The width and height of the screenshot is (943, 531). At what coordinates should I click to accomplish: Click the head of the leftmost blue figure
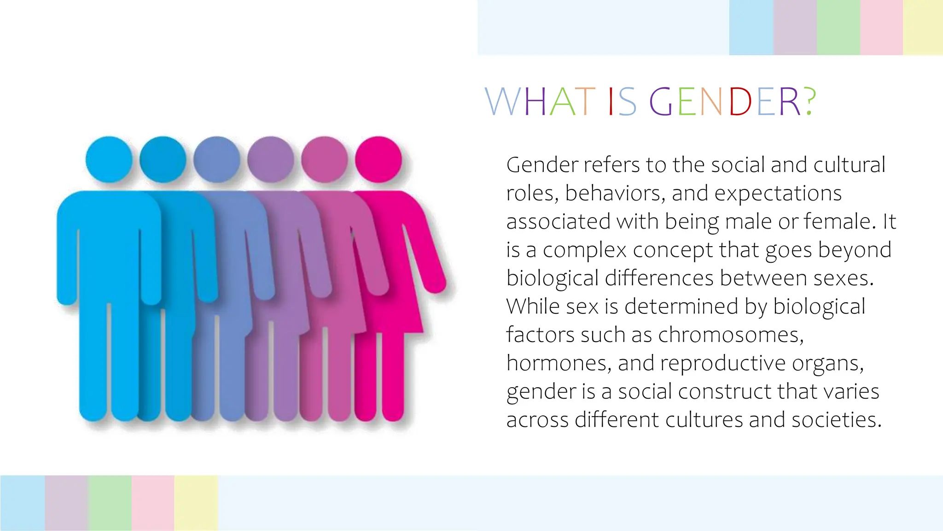click(109, 159)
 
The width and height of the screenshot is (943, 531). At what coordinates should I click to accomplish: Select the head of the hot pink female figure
click(378, 159)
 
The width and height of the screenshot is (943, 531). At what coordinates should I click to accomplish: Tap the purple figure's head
click(271, 159)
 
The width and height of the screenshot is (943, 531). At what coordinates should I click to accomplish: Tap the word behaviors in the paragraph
click(615, 194)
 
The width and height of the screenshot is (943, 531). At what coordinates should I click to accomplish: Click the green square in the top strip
click(838, 28)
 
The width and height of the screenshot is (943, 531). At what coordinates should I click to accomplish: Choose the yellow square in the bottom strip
click(196, 503)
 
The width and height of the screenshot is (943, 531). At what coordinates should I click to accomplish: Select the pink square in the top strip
click(881, 28)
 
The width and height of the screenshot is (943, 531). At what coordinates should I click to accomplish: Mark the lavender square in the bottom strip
click(66, 503)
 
